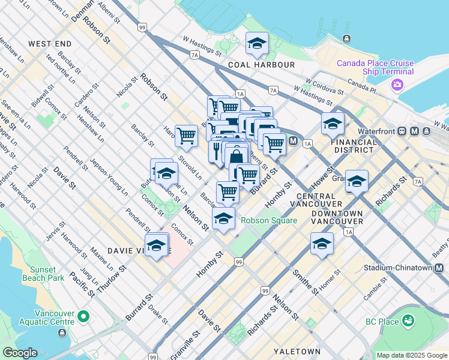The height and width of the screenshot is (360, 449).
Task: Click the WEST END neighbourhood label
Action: pyautogui.click(x=50, y=44)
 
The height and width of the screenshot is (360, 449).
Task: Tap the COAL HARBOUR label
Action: pyautogui.click(x=261, y=64)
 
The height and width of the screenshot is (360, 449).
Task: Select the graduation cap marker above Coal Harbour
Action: pyautogui.click(x=257, y=44)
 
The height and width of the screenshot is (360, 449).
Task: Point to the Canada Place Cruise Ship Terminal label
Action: pyautogui.click(x=375, y=67)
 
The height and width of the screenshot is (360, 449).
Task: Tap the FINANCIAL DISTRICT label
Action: pyautogui.click(x=354, y=146)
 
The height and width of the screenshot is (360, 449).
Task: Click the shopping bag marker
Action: pyautogui.click(x=237, y=156)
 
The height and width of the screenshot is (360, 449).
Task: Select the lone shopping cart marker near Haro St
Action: pyautogui.click(x=187, y=137)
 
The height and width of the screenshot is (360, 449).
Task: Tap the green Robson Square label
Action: pyautogui.click(x=269, y=220)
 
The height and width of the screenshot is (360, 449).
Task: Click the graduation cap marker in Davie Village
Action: pyautogui.click(x=157, y=246)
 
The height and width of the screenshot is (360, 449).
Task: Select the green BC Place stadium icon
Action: pyautogui.click(x=409, y=322)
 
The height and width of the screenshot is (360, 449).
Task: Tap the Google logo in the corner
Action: pyautogui.click(x=20, y=352)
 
